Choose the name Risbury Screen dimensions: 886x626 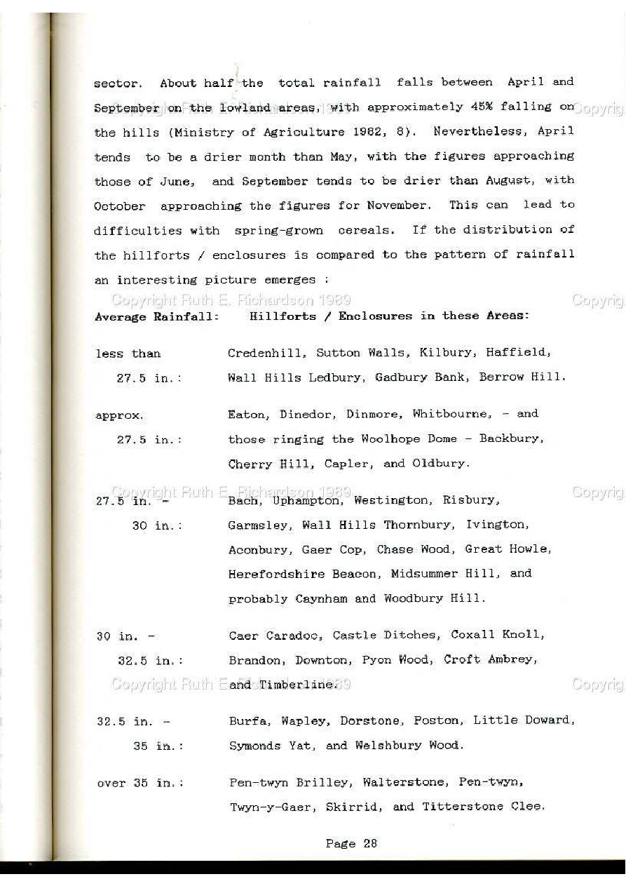(x=470, y=500)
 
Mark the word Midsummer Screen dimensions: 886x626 (x=425, y=573)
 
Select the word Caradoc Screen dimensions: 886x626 (x=294, y=636)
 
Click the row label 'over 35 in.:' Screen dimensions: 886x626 (x=140, y=783)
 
